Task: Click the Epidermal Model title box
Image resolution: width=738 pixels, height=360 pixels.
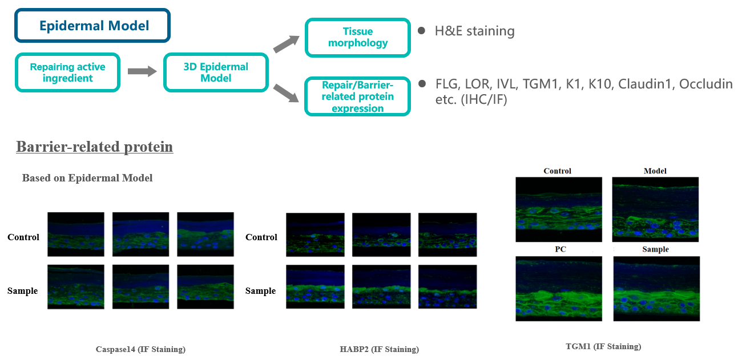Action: point(92,26)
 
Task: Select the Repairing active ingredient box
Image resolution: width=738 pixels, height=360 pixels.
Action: point(67,72)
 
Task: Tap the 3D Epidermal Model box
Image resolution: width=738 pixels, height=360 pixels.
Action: point(216,72)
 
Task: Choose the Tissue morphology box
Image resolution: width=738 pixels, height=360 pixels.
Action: point(358,37)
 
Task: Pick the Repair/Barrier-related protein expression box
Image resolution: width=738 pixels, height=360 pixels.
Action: point(358,96)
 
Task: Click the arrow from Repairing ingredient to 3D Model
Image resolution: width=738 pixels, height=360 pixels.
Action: point(142,71)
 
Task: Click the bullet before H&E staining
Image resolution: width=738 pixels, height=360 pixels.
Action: point(421,30)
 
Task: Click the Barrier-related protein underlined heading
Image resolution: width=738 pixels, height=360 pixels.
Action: point(94,147)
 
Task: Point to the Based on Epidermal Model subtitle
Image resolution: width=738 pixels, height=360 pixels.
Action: point(87,178)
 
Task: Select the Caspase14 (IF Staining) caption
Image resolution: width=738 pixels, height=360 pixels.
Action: point(140,349)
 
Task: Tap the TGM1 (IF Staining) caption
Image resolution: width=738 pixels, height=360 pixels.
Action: point(603,346)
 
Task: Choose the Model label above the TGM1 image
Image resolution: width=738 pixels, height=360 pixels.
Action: point(655,171)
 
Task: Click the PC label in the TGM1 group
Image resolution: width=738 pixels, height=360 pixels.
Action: point(558,249)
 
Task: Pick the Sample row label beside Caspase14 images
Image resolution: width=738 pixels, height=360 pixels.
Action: point(23,291)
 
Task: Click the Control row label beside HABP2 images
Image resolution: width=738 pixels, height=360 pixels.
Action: point(261,237)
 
